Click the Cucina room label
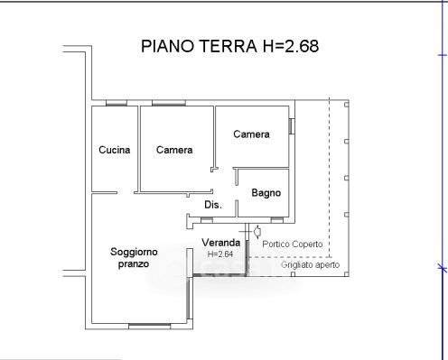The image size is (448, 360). [x=115, y=150]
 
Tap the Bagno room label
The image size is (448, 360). [x=266, y=193]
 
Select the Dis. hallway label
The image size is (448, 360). [x=213, y=205]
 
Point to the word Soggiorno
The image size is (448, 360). [x=134, y=252]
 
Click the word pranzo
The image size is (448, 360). [x=134, y=264]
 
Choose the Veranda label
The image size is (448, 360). [x=221, y=243]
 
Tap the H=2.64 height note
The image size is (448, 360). [x=220, y=254]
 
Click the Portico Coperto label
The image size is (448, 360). [x=293, y=244]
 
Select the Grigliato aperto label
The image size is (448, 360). [x=310, y=265]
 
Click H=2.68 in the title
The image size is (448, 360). [x=291, y=46]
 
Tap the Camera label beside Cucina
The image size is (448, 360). [x=174, y=150]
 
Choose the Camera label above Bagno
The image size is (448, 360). [x=251, y=134]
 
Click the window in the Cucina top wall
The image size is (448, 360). [x=117, y=103]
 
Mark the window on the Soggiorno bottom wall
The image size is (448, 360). [x=150, y=326]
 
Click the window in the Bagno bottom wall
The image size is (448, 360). [x=277, y=220]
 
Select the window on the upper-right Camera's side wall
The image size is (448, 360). [x=292, y=126]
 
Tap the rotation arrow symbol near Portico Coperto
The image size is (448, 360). [x=257, y=232]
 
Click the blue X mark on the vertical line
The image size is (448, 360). [x=443, y=267]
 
